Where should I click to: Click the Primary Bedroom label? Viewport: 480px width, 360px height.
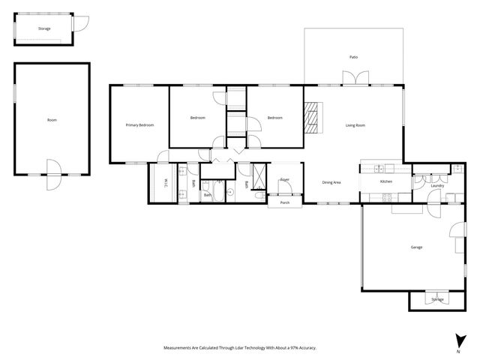point(139,124)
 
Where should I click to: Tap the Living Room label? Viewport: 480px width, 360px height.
point(355,124)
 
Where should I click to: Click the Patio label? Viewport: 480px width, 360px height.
point(353,57)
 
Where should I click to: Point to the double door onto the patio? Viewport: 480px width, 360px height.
point(353,78)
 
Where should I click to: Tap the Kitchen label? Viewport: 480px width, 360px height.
point(385,181)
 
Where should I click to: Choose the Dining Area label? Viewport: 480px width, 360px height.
point(331,181)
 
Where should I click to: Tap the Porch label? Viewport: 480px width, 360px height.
point(284,202)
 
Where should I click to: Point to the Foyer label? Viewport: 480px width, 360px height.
point(284,180)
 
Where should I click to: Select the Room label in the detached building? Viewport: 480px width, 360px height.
point(52,120)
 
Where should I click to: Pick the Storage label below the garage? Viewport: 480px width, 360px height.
point(437,299)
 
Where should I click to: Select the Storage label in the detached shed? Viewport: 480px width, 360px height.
point(44,28)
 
